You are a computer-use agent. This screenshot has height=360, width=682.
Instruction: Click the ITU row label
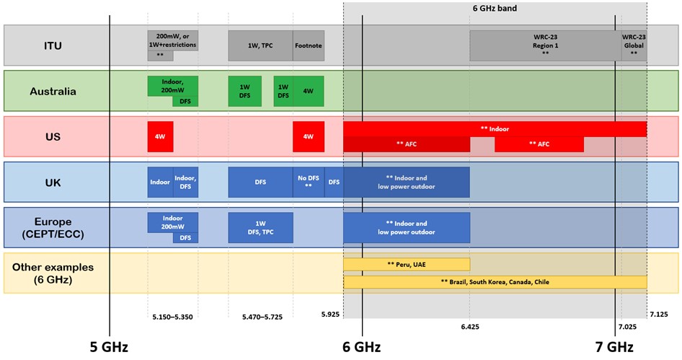[53, 45]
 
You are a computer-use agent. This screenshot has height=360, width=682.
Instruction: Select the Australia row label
[53, 91]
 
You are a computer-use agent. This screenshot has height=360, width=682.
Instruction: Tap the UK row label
[53, 182]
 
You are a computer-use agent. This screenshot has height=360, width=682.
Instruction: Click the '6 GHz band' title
[494, 9]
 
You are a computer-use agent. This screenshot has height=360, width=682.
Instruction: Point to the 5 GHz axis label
[110, 347]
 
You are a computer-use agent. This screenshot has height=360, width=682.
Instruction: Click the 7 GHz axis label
[614, 347]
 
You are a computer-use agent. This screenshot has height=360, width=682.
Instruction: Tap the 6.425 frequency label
[470, 326]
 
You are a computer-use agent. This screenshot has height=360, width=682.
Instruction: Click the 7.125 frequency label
[658, 315]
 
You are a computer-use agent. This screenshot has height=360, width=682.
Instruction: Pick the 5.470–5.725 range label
[260, 317]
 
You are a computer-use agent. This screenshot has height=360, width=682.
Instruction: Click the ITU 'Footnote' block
[308, 45]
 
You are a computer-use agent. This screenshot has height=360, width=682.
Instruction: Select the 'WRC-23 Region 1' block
[545, 45]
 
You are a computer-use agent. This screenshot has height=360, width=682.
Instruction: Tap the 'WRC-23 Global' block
[634, 45]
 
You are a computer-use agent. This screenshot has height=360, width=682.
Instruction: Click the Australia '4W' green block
[308, 91]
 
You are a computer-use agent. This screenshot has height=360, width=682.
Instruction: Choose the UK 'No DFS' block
[308, 182]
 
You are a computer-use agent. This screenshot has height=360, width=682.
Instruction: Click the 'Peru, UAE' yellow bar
[406, 264]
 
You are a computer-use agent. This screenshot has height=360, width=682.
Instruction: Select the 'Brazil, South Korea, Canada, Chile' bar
[495, 282]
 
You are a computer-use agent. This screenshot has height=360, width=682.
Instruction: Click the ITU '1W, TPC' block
[260, 45]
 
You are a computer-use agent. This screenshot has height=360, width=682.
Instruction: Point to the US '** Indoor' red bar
[495, 129]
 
